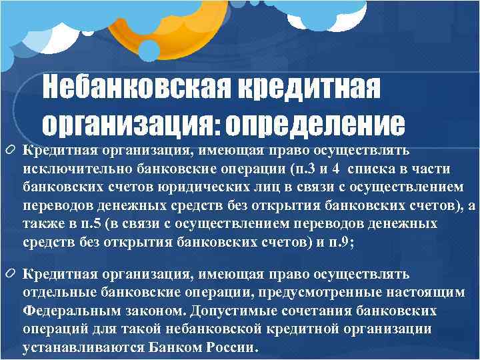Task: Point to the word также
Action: coord(39,223)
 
